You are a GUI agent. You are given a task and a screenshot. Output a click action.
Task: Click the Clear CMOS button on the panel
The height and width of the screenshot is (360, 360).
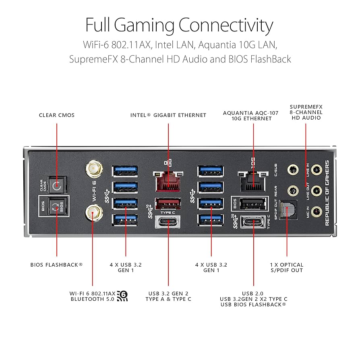coord(57,186)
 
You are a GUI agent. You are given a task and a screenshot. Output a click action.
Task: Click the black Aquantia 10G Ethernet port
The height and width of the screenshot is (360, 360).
coord(253,182)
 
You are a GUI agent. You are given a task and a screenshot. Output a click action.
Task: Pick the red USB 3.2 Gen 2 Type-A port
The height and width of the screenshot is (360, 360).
coord(168,203)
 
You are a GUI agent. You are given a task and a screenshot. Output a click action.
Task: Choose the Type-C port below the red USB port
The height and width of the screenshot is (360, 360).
coord(168,222)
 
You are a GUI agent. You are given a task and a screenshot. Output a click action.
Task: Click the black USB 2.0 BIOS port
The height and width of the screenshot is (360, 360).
coord(253,204)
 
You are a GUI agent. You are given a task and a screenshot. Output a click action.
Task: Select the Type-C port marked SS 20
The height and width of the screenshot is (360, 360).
coord(253,222)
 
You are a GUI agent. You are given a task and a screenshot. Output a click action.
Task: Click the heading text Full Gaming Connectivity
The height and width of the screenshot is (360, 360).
coord(180,25)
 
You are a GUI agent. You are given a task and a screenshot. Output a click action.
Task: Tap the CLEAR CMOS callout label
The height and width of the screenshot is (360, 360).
coord(57,115)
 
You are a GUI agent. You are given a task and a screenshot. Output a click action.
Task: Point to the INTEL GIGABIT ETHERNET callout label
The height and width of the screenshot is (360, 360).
coord(168,115)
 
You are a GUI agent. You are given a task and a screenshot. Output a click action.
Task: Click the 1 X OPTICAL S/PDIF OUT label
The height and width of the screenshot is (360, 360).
coord(287,267)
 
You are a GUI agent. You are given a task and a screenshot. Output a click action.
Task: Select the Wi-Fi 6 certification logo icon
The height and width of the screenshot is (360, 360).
coord(122,296)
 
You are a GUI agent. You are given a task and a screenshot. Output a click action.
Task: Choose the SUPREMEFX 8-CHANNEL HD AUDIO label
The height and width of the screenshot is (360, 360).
coord(306,112)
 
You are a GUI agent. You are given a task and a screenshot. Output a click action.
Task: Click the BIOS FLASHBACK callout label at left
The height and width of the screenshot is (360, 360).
coord(57,265)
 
